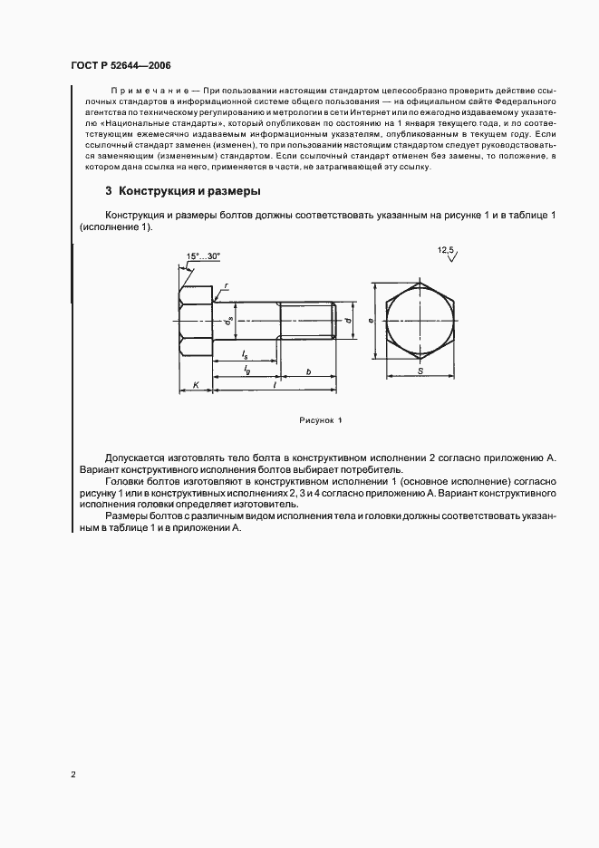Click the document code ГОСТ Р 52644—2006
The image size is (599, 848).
point(120,65)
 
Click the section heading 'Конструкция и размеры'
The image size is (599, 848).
point(189,192)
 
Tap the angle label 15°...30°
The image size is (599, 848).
point(204,256)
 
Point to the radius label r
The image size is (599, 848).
point(225,285)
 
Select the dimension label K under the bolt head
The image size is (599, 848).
point(197,385)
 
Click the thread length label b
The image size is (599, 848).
point(309,371)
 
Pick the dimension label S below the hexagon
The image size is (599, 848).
point(420,371)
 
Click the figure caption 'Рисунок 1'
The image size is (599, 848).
point(320,420)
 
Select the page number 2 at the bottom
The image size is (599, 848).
point(72,775)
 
